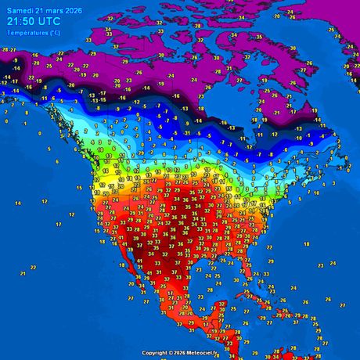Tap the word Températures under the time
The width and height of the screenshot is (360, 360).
pyautogui.click(x=27, y=34)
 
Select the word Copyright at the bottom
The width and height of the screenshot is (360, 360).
pyautogui.click(x=156, y=353)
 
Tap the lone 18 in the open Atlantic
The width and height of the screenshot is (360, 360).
pyautogui.click(x=307, y=243)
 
